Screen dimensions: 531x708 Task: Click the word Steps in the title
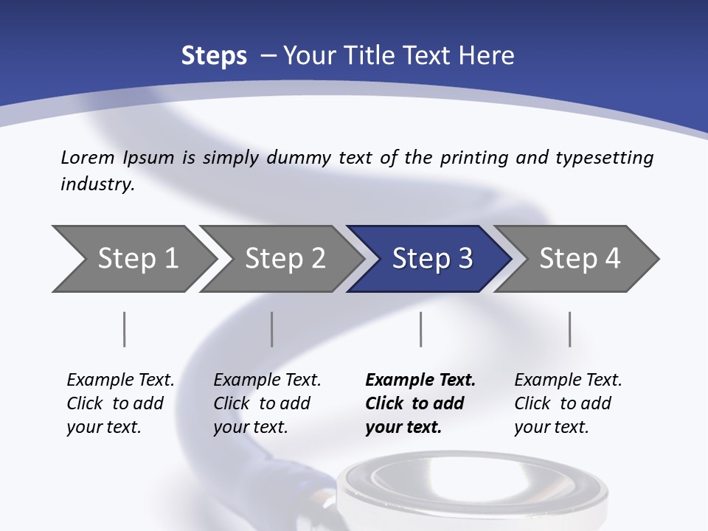(214, 56)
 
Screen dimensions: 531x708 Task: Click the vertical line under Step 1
(125, 329)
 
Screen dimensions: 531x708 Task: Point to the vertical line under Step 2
(272, 329)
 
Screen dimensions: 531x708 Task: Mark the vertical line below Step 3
(421, 329)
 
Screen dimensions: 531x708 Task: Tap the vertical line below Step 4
(570, 329)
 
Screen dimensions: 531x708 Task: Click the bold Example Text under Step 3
(420, 381)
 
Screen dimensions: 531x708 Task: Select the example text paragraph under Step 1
(120, 403)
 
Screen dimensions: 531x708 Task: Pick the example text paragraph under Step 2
(267, 403)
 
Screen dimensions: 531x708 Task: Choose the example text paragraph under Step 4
(568, 403)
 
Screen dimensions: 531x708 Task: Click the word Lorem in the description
(88, 157)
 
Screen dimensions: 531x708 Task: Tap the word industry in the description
(97, 184)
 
